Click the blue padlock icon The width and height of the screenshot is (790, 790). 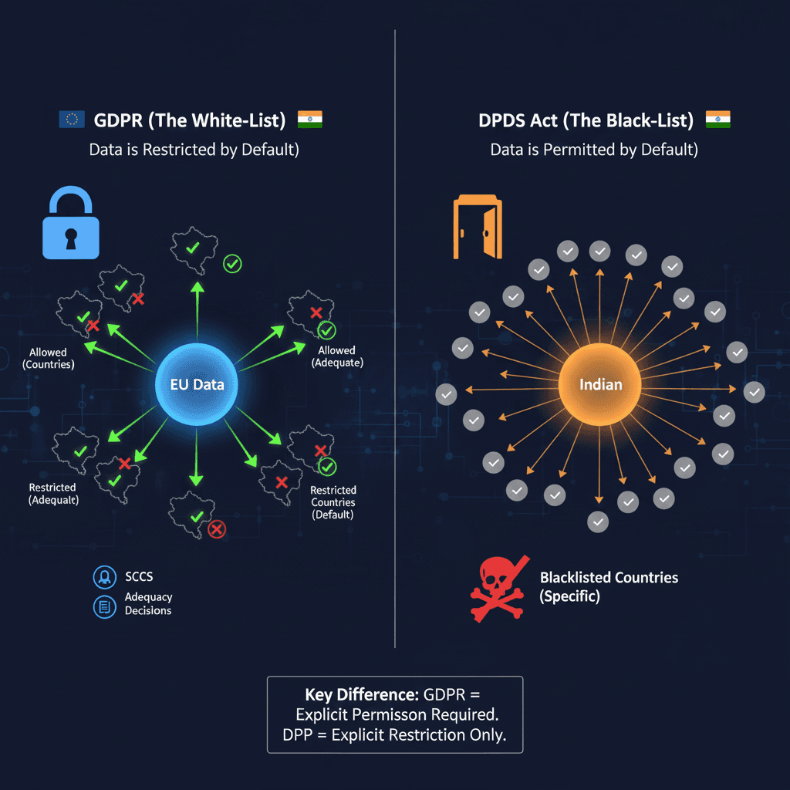tap(71, 223)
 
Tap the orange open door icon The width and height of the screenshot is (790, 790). tap(478, 228)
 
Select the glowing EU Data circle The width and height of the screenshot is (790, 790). tap(197, 384)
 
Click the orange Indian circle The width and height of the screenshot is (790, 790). tap(600, 384)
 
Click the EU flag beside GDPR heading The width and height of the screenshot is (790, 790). tap(72, 120)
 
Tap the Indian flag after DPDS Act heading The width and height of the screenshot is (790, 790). tap(717, 120)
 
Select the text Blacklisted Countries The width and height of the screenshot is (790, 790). tap(609, 578)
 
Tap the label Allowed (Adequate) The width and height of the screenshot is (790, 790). tap(337, 356)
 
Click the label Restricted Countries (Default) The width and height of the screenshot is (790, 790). tap(333, 501)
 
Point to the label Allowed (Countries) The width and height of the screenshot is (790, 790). tap(48, 358)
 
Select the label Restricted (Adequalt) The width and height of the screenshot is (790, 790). tap(53, 494)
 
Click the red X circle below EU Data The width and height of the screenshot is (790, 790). tap(218, 528)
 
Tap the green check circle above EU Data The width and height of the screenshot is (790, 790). tap(231, 264)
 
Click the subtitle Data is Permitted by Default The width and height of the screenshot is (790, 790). tap(594, 150)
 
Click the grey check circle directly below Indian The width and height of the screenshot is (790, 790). tap(598, 522)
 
